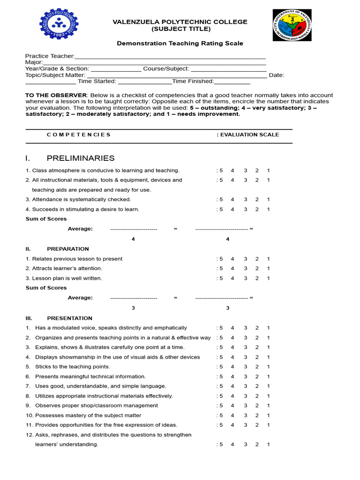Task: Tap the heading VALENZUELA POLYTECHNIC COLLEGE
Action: tap(180, 22)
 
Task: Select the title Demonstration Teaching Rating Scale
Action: tap(180, 44)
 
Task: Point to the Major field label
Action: tap(34, 62)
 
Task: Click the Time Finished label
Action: tap(193, 81)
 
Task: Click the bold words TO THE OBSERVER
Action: tap(56, 95)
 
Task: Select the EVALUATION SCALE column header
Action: tap(248, 135)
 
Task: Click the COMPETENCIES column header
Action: tap(79, 135)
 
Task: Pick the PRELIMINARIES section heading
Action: tap(80, 158)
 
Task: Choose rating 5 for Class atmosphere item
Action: tap(221, 170)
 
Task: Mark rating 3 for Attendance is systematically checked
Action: tap(245, 199)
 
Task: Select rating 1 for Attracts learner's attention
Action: tap(268, 269)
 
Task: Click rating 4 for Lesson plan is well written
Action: tap(232, 278)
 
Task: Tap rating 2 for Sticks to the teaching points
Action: tap(257, 367)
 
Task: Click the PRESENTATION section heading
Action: tap(69, 318)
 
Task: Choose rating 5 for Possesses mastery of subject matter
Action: tap(221, 415)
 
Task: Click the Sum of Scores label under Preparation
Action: tap(46, 288)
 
